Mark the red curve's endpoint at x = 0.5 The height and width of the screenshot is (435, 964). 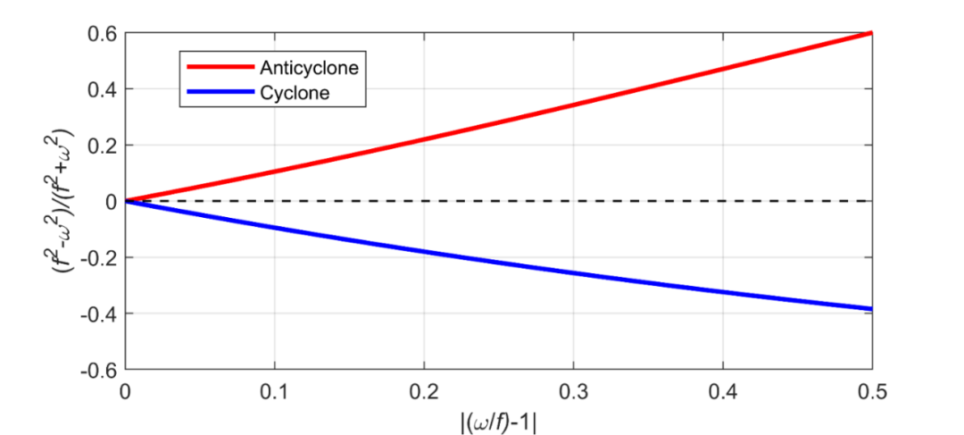[x=871, y=33]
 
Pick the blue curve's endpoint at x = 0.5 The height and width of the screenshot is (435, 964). [x=871, y=309]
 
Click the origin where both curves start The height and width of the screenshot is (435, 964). [x=126, y=201]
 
